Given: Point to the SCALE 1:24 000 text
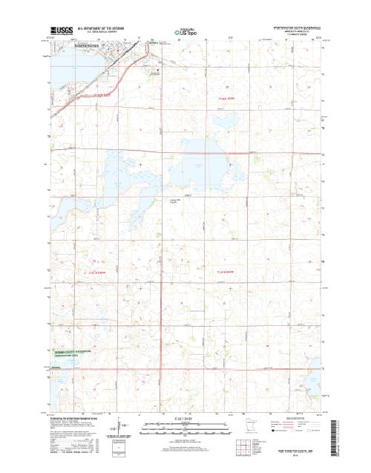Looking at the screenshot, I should point(185,420).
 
